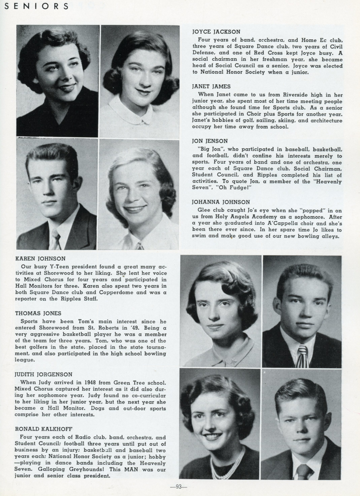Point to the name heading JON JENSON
pyautogui.click(x=210, y=141)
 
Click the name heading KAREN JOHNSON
pyautogui.click(x=40, y=259)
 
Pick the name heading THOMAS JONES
pyautogui.click(x=38, y=313)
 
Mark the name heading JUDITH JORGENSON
pyautogui.click(x=44, y=374)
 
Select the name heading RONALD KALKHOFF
pyautogui.click(x=44, y=429)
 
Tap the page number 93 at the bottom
pyautogui.click(x=179, y=487)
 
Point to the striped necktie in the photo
pyautogui.click(x=303, y=356)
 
